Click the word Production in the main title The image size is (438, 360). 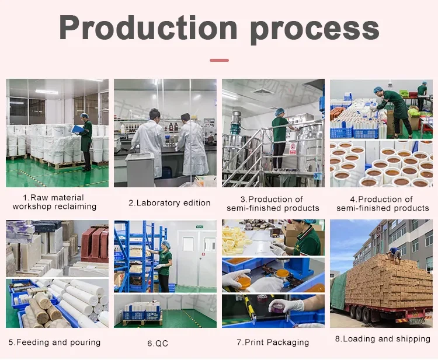point(148,27)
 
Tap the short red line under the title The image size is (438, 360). point(219,60)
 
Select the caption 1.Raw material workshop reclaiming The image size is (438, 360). point(54,202)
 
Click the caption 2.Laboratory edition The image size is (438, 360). point(169,203)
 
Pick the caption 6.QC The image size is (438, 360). point(158,343)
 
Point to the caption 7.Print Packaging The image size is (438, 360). point(273,342)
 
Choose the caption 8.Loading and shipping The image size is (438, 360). point(383,339)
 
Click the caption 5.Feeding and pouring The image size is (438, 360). point(54,342)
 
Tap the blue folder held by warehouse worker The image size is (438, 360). point(77,130)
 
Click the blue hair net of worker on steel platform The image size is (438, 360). point(279,112)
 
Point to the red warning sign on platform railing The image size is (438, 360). point(293,148)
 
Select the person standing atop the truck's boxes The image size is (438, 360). point(394,254)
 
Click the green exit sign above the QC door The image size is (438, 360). point(200,226)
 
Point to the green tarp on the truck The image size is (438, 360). point(339,291)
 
